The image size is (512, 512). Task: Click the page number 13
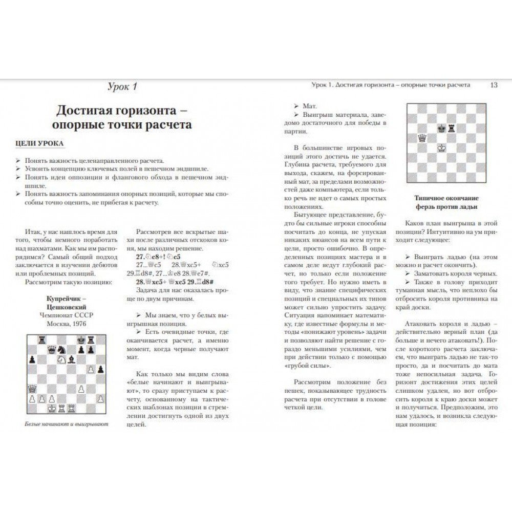(x=494, y=85)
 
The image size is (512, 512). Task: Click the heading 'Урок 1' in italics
(x=122, y=87)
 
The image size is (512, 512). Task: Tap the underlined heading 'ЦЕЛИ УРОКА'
(x=40, y=143)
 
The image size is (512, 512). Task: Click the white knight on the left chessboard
(x=61, y=359)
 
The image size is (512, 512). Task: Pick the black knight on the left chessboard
(x=61, y=349)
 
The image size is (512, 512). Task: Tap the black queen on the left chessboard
(x=52, y=349)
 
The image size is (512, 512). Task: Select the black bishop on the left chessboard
(x=71, y=359)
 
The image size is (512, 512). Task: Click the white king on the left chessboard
(x=52, y=408)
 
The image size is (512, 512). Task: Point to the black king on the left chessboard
(x=81, y=339)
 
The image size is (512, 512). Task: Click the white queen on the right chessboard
(x=422, y=138)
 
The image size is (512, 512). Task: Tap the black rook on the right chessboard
(x=451, y=128)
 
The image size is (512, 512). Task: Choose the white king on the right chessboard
(x=441, y=147)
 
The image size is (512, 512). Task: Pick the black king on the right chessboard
(x=441, y=128)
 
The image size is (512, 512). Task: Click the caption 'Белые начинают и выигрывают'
(x=67, y=424)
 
